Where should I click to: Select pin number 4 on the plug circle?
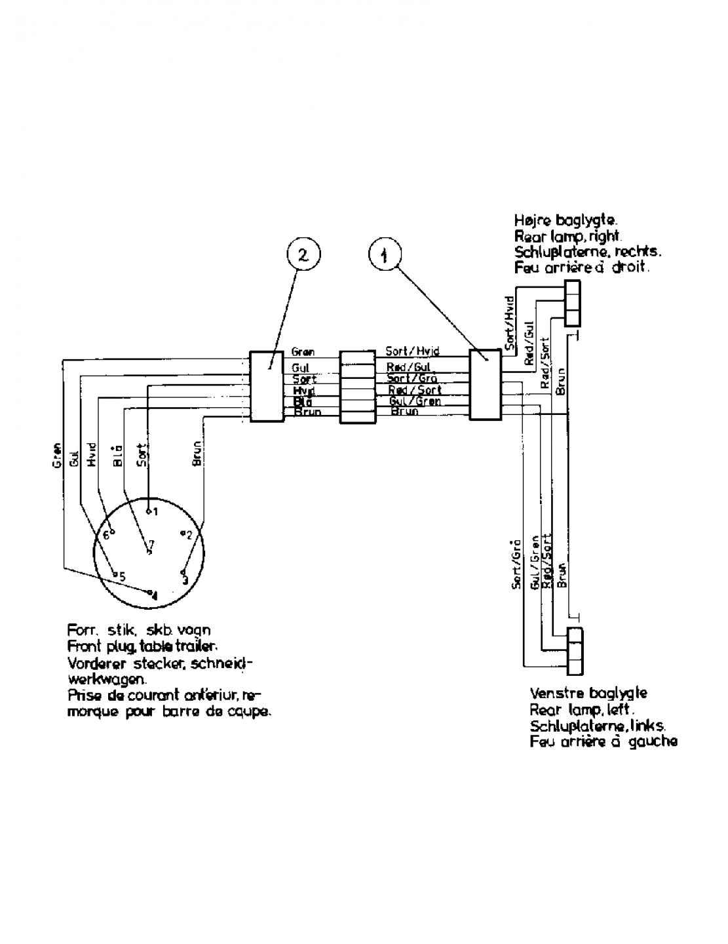pos(152,593)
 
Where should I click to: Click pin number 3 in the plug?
pos(184,576)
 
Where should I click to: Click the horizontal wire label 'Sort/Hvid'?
pos(412,352)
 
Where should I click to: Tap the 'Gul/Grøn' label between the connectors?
pos(415,401)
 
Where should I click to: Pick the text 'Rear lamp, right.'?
pos(567,237)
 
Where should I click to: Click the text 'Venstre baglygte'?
pos(588,693)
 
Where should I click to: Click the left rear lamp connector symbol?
pos(575,651)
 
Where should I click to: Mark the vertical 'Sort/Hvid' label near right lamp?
pos(508,319)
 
